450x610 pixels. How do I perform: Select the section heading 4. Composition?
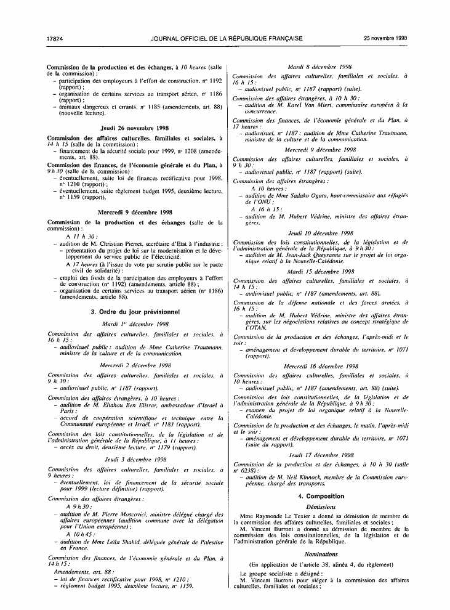point(321,496)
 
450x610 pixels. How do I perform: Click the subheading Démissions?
point(320,506)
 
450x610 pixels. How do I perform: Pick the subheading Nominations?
point(320,554)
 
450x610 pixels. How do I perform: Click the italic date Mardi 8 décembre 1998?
point(320,67)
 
